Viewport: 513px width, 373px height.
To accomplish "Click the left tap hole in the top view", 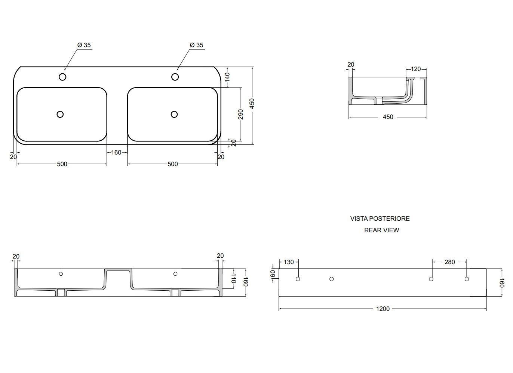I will coord(62,77).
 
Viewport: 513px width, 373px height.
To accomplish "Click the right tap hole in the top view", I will coord(175,77).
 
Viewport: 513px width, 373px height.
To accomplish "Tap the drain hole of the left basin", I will coord(60,114).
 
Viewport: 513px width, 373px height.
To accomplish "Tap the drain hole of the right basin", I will coord(174,114).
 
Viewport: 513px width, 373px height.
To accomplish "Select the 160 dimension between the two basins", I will coord(116,152).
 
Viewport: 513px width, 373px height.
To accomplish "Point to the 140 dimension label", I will coord(227,77).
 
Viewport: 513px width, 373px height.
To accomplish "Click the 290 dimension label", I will coord(240,114).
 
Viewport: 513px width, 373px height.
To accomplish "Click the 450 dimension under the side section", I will coord(388,117).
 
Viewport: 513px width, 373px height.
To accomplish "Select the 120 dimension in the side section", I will coord(416,69).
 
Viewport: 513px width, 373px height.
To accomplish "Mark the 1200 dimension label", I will coord(383,309).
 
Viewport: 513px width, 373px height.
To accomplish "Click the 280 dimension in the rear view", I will coord(449,262).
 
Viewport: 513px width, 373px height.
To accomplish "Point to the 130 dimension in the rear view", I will coord(289,262).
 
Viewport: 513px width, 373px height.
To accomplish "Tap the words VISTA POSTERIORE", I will coord(380,218).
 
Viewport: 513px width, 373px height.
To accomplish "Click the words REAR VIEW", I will coord(381,230).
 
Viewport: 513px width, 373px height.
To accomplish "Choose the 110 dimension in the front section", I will coord(233,279).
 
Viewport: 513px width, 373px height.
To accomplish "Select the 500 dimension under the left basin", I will coord(62,164).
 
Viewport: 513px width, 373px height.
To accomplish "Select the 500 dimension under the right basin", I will coord(173,164).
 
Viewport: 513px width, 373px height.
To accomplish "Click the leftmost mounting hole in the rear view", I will coord(298,279).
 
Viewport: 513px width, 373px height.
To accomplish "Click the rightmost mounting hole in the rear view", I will coord(467,279).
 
